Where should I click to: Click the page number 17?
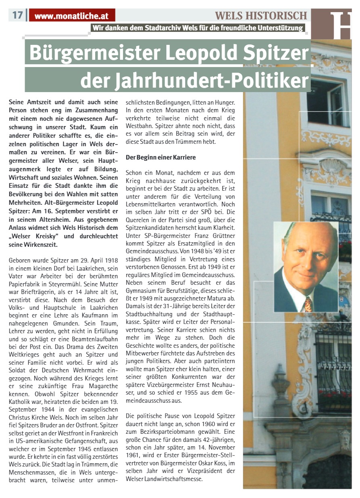pyautogui.click(x=17, y=16)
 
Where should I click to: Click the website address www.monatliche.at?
pyautogui.click(x=72, y=17)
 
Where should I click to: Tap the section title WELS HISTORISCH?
pyautogui.click(x=261, y=16)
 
